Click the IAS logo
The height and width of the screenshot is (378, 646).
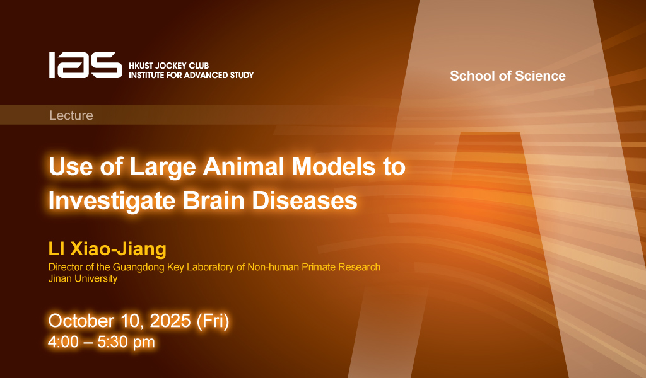[86, 66]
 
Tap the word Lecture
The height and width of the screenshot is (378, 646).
[71, 115]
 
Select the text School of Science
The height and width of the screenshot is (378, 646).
[508, 76]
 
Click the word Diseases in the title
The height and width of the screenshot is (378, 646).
[305, 201]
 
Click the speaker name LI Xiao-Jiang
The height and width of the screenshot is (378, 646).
[107, 249]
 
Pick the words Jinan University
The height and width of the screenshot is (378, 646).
[83, 278]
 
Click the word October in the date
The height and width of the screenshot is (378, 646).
[81, 321]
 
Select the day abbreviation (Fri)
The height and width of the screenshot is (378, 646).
[213, 321]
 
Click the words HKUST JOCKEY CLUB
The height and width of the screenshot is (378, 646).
[169, 66]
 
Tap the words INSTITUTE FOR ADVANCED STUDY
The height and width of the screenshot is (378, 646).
[191, 75]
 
